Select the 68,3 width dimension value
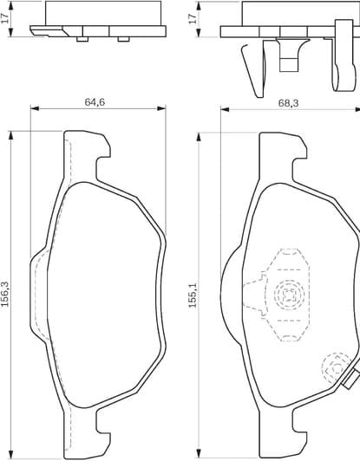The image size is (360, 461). [289, 102]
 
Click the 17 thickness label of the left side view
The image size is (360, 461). [7, 19]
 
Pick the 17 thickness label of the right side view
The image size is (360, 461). [192, 19]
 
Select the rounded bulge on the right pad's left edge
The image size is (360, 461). [226, 295]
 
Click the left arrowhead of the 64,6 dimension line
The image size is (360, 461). [34, 109]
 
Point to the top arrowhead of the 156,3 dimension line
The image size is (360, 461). [10, 133]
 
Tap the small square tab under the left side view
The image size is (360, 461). [81, 38]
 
